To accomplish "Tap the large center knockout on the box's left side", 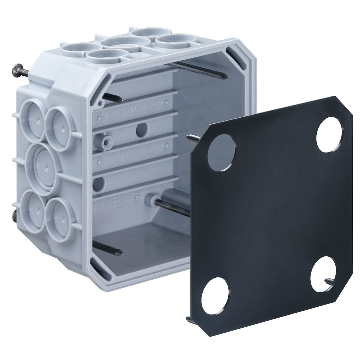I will pos(43,166).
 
